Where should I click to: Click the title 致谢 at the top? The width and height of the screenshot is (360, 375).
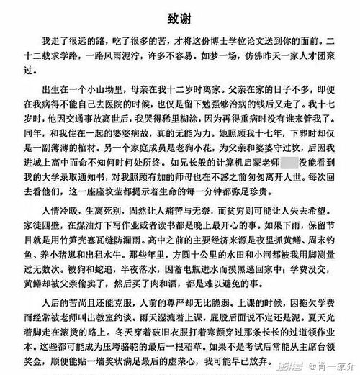(x=180, y=12)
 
